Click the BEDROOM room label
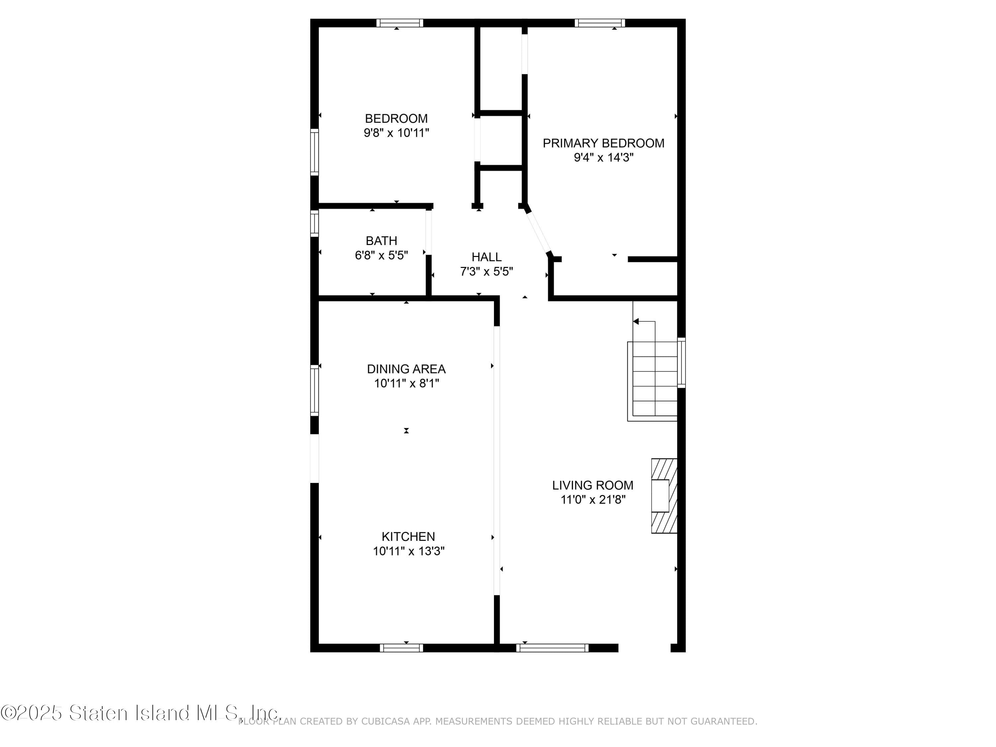click(x=396, y=119)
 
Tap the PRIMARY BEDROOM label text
click(x=603, y=143)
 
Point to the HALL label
click(x=486, y=257)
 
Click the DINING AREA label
click(x=406, y=369)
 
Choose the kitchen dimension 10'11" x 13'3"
click(x=408, y=551)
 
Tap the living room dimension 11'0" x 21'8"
click(x=593, y=499)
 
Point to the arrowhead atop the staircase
click(x=636, y=321)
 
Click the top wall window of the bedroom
click(x=399, y=23)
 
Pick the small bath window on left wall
click(x=314, y=223)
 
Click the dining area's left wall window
click(x=314, y=390)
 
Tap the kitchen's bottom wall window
click(x=401, y=648)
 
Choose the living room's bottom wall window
click(x=552, y=648)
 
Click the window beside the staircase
click(x=681, y=363)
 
